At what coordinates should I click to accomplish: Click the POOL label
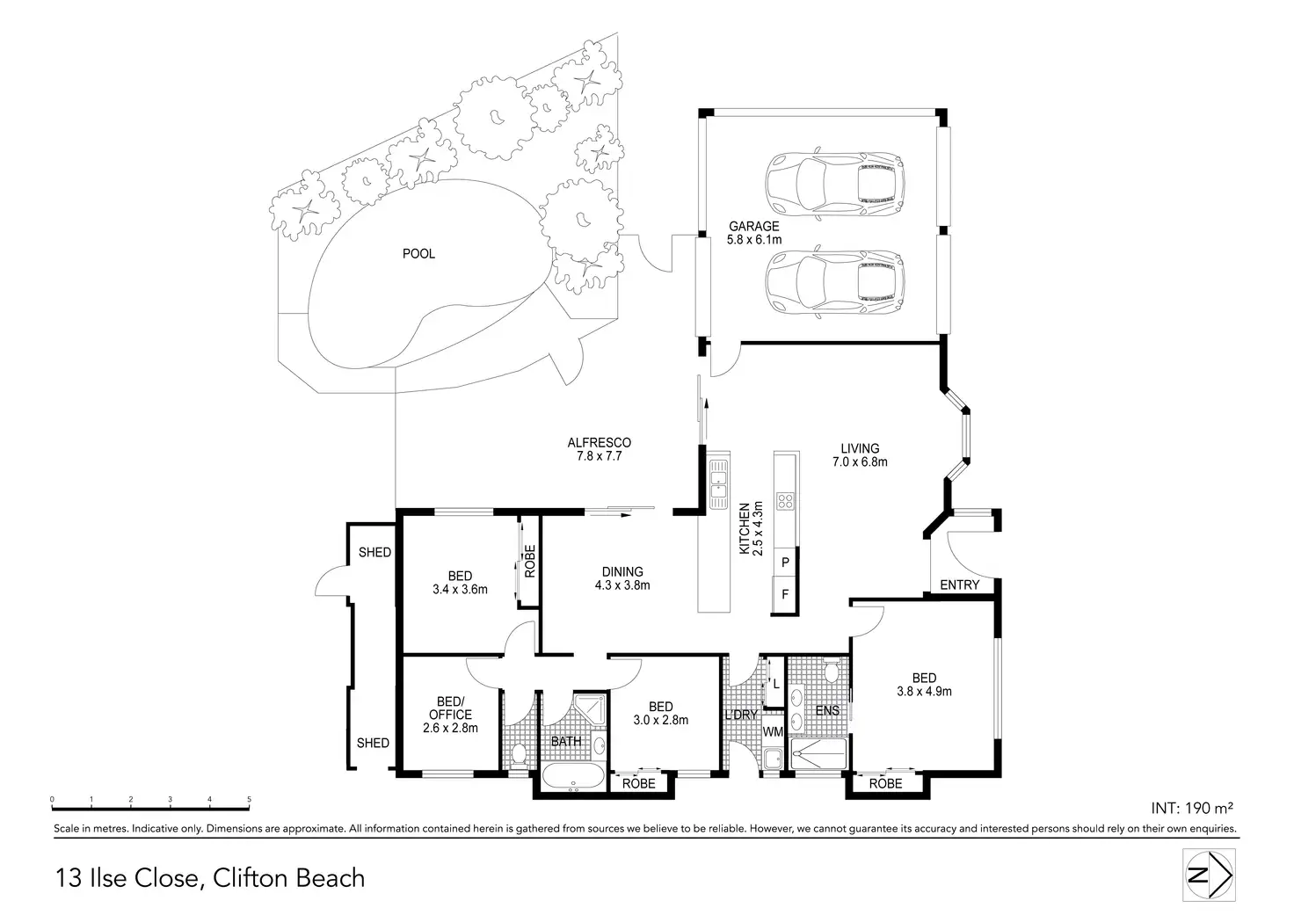pos(418,254)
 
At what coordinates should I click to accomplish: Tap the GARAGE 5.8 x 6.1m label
pos(753,233)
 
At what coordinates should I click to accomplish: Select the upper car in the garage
pos(834,184)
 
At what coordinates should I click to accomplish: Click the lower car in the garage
pos(834,283)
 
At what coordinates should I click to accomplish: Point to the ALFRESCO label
pos(599,449)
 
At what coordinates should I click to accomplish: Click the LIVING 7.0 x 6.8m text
pos(859,454)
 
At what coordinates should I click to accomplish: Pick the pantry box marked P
pos(785,562)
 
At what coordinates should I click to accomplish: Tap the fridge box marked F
pos(785,595)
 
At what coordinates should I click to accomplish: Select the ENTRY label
pos(959,585)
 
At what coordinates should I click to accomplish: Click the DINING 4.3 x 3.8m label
pos(622,578)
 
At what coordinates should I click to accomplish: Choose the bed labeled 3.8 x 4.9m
pos(924,684)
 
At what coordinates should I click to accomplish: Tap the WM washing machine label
pos(773,731)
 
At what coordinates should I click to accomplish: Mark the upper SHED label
pos(374,552)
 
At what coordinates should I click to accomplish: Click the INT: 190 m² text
pos(1193,807)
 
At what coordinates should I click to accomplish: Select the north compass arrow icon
pos(1210,875)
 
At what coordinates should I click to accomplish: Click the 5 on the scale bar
pos(249,799)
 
